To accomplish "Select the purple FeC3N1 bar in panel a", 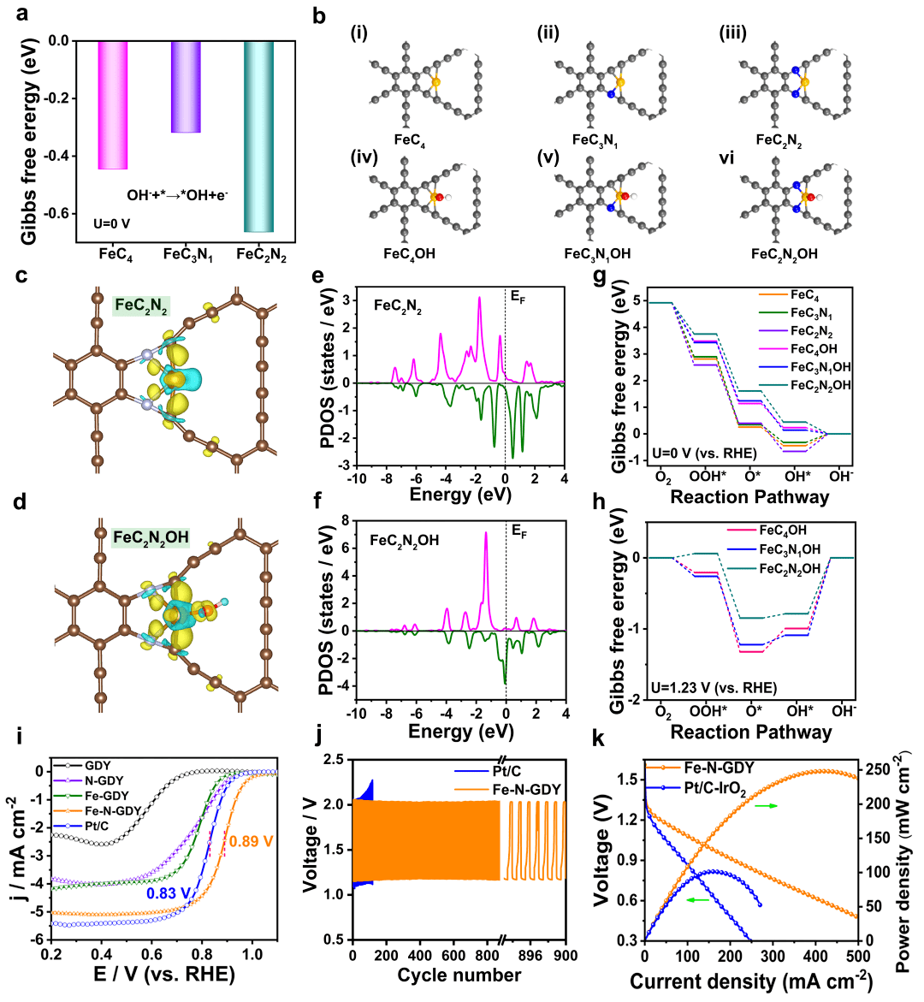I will tap(186, 86).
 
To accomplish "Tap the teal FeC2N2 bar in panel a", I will tap(259, 136).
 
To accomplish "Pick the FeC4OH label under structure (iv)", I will tap(409, 254).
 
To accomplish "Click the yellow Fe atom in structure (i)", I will tap(435, 82).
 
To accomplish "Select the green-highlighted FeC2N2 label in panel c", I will tap(141, 305).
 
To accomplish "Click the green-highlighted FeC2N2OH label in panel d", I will tap(151, 537).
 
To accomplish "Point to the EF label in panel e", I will tap(519, 296).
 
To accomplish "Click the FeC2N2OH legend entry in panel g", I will tap(820, 385).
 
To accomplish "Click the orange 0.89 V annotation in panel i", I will tap(251, 841).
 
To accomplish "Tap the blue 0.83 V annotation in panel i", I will tap(169, 893).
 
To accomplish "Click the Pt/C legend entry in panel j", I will tap(507, 772).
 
